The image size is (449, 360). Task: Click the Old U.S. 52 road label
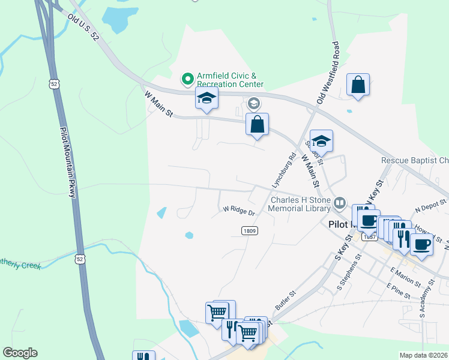point(82,28)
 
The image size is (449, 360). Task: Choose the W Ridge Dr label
point(240,211)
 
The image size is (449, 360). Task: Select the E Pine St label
point(399,292)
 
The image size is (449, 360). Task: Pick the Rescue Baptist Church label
point(415,160)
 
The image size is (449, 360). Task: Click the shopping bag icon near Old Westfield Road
point(358,85)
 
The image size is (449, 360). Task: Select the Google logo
point(20,353)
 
